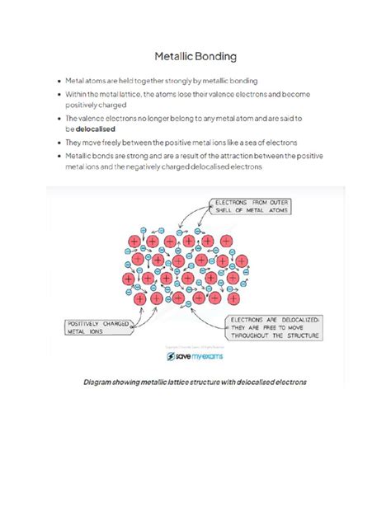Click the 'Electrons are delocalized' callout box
(x=273, y=327)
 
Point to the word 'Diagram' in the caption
(x=101, y=383)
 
